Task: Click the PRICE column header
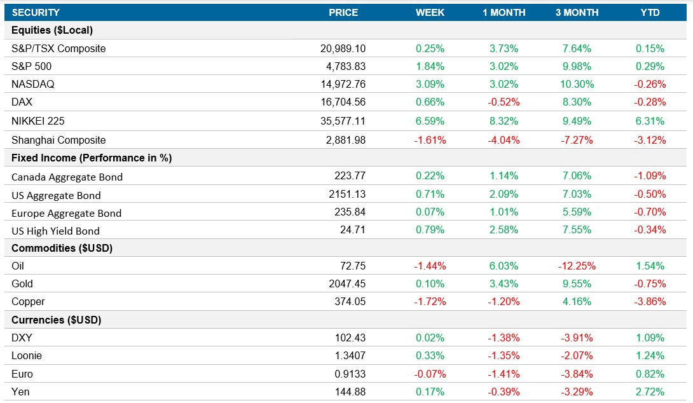click(343, 13)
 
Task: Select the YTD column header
click(650, 13)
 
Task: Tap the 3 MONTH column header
click(577, 13)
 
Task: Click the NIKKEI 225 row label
click(38, 121)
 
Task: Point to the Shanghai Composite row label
click(58, 140)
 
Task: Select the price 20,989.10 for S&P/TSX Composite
click(343, 49)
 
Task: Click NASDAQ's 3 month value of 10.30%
click(577, 85)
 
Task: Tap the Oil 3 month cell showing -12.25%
click(577, 266)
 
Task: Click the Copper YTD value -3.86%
click(650, 302)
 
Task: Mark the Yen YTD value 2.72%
click(650, 392)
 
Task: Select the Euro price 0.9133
click(350, 374)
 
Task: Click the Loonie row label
click(27, 356)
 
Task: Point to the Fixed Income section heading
click(92, 158)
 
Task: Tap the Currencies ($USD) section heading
click(57, 320)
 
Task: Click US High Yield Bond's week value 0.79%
click(430, 230)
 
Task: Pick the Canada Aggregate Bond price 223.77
click(350, 176)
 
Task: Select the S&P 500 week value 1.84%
click(430, 67)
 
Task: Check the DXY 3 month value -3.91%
click(577, 338)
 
